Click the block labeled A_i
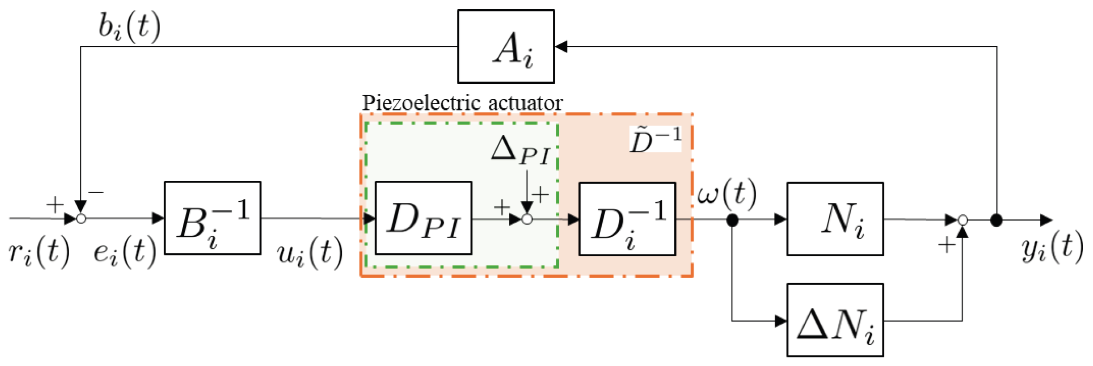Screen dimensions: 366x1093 pyautogui.click(x=506, y=46)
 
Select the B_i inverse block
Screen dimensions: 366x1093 pyautogui.click(x=212, y=218)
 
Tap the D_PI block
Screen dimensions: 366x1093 pyautogui.click(x=423, y=218)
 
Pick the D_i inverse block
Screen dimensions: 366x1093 pyautogui.click(x=627, y=219)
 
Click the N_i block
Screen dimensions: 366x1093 pyautogui.click(x=835, y=219)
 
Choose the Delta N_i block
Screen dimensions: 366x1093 pyautogui.click(x=835, y=320)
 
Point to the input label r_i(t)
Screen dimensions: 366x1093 pyautogui.click(x=39, y=252)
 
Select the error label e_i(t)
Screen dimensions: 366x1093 pyautogui.click(x=125, y=252)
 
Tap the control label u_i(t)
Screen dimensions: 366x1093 pyautogui.click(x=310, y=253)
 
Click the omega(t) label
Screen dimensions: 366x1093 pyautogui.click(x=727, y=194)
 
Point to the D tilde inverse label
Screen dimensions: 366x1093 pyautogui.click(x=655, y=139)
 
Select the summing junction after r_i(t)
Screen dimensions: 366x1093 pyautogui.click(x=81, y=219)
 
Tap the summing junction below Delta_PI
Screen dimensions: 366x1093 pyautogui.click(x=526, y=219)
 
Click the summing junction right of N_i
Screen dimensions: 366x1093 pyautogui.click(x=962, y=220)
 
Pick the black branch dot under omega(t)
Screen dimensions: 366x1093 pyautogui.click(x=732, y=221)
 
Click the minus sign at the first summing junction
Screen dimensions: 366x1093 pyautogui.click(x=96, y=193)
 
